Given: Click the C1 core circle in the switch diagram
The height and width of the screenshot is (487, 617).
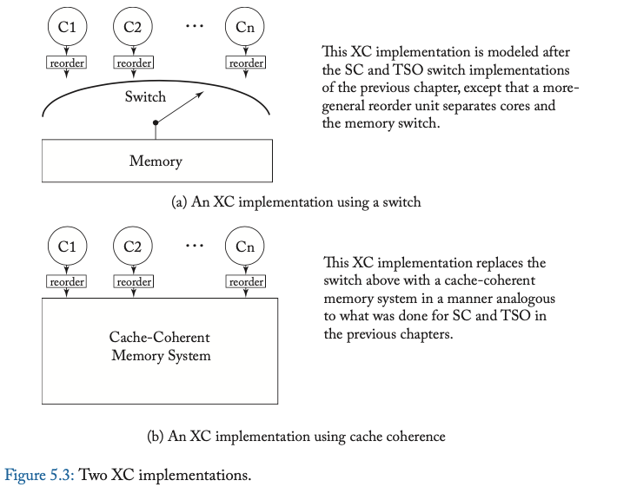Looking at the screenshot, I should coord(67,27).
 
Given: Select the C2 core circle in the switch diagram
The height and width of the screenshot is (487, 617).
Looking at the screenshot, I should coord(133,27).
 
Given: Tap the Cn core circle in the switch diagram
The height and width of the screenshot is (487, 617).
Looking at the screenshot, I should coord(246,27).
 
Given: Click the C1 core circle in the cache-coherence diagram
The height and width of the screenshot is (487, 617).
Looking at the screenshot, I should coord(67,247).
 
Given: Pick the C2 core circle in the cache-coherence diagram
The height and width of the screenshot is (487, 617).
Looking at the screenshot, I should coord(133,247).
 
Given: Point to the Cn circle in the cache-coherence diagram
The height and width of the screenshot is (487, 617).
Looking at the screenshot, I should coord(246,247).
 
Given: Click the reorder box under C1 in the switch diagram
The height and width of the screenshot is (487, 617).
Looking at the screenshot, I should coord(67,63).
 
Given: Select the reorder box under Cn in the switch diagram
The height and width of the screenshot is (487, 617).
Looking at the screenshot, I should coord(246,63).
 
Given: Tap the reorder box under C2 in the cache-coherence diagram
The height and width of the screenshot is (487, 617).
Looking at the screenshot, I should coord(134,282).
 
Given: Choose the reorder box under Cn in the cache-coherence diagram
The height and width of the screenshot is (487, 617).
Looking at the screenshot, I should coord(246,282).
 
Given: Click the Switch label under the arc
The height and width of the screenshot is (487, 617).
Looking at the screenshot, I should coord(144,96).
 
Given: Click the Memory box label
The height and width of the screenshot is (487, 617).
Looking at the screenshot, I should coord(156,161).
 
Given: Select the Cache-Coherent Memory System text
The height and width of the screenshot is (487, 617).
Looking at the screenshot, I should coord(160,346).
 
